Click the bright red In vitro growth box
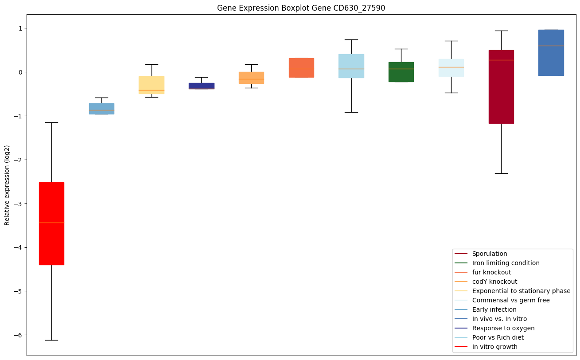51,223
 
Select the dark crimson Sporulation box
501,87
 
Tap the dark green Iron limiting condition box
401,72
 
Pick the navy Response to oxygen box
202,86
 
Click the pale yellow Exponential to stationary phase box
152,85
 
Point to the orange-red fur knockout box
301,68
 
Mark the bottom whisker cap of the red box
51,340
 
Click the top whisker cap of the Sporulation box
501,31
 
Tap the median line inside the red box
51,223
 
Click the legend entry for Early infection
494,309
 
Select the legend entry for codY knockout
494,282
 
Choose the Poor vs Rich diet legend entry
498,337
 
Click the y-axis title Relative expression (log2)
7,185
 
